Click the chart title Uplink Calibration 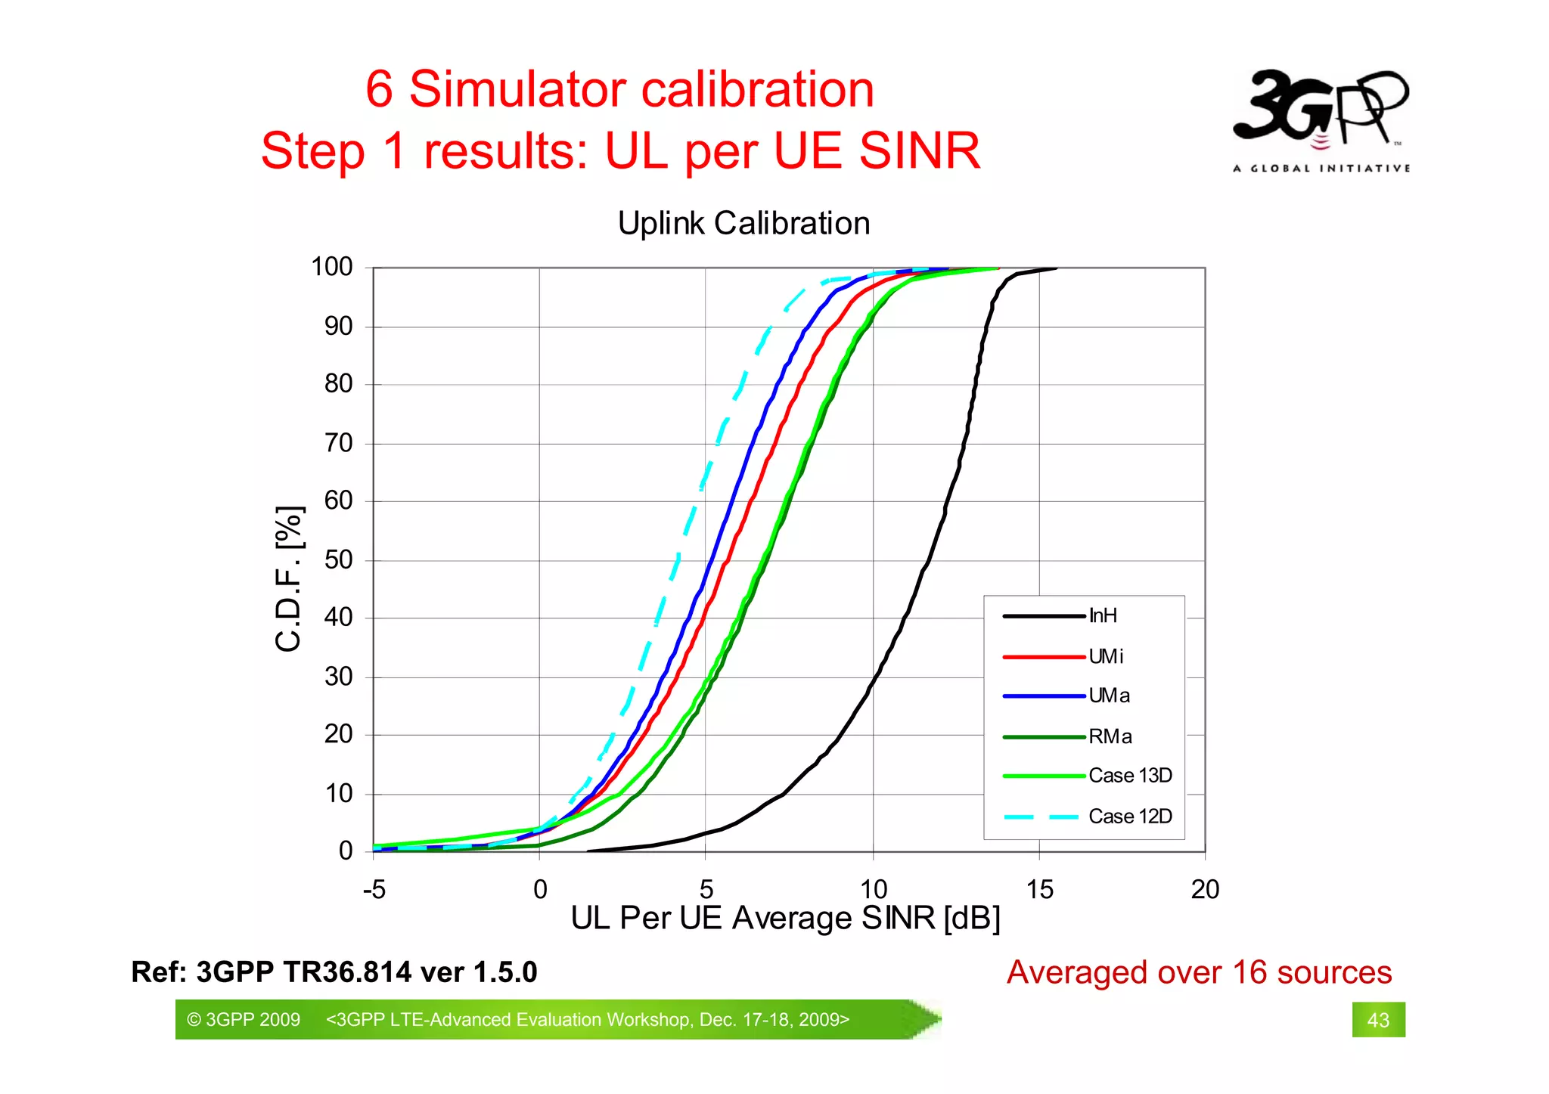pos(743,223)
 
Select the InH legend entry pos(1102,615)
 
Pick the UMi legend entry pos(1105,656)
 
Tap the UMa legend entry pos(1109,696)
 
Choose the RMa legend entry pos(1110,736)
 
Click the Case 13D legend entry pos(1130,776)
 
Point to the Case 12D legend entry pos(1130,817)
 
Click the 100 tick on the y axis pos(332,267)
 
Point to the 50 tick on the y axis pos(339,560)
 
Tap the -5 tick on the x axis pos(374,890)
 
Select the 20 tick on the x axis pos(1205,890)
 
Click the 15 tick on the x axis pos(1039,890)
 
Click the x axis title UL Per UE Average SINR pos(785,919)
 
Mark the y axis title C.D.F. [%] pos(289,579)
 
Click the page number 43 pos(1378,1020)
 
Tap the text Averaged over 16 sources pos(1199,972)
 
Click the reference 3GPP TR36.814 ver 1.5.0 pos(334,972)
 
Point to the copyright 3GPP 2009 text pos(244,1020)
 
